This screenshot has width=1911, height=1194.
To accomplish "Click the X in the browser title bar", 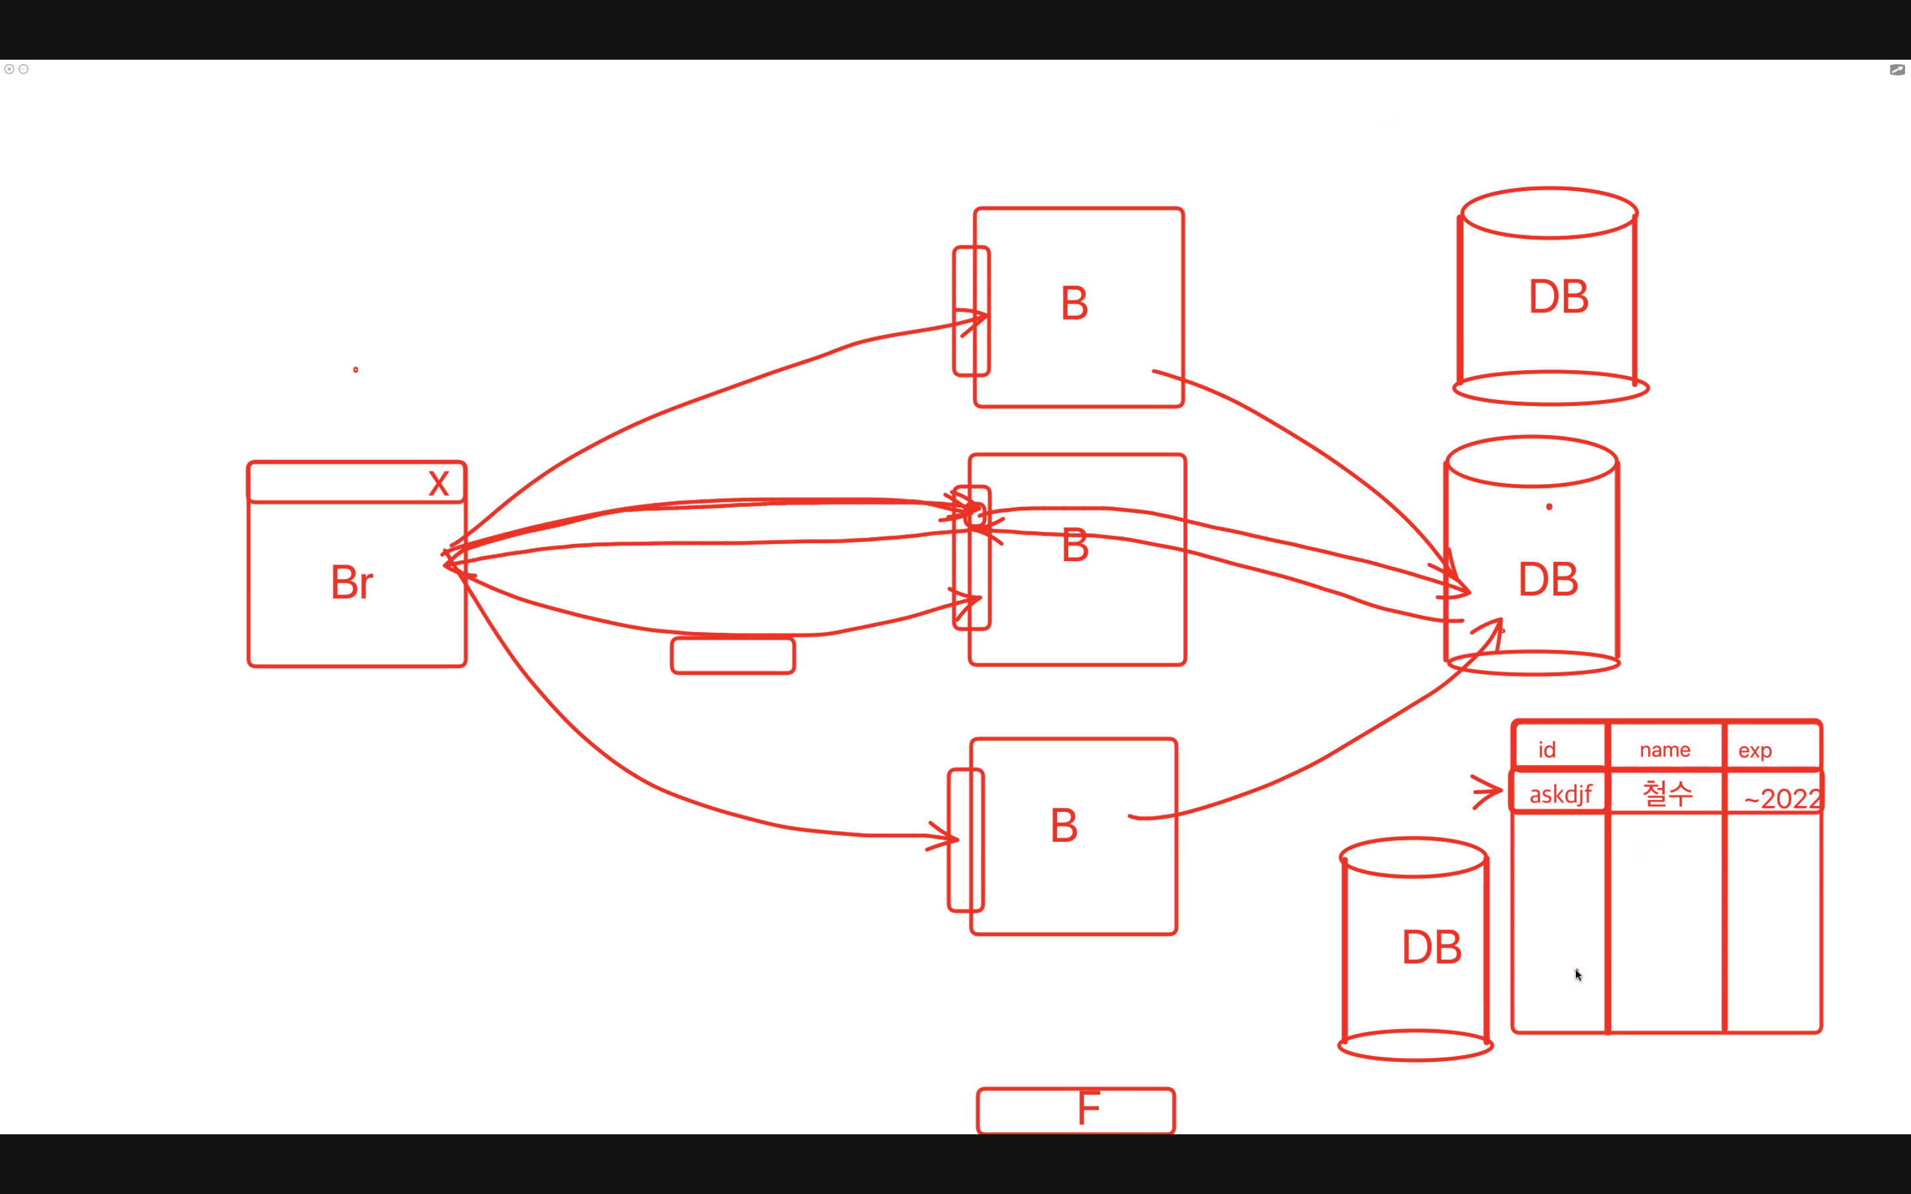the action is [x=438, y=484].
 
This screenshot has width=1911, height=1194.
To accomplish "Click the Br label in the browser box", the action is [x=352, y=583].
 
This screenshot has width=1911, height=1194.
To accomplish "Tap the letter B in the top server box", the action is [x=1074, y=303].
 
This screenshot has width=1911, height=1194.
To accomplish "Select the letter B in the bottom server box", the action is [x=1064, y=826].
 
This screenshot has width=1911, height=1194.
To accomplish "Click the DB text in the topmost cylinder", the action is [x=1558, y=297].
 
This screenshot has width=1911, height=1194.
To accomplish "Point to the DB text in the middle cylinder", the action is [x=1548, y=579].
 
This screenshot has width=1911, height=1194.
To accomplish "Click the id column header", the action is [x=1547, y=750].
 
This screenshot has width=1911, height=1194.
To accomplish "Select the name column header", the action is [x=1665, y=750].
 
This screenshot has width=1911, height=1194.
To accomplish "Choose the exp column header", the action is [x=1754, y=750].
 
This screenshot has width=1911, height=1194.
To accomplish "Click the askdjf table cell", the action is [x=1559, y=793].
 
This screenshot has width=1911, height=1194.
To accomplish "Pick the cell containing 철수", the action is [x=1667, y=793].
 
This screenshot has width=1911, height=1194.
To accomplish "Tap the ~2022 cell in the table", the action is [x=1781, y=797].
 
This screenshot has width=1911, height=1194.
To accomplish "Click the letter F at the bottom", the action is [x=1088, y=1108].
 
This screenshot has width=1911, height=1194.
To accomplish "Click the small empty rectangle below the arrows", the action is [x=732, y=655].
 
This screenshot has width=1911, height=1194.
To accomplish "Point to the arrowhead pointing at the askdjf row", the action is [x=1488, y=791].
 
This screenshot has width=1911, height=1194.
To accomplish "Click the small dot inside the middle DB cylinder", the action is [x=1549, y=507].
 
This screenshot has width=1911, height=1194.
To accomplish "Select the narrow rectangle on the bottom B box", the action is [x=965, y=839].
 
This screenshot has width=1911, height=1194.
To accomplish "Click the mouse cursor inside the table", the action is [x=1578, y=974].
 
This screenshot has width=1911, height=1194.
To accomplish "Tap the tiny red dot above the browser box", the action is [x=356, y=369].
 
